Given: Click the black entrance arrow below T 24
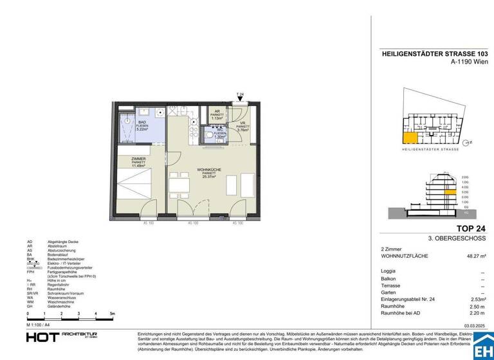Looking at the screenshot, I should pyautogui.click(x=240, y=100).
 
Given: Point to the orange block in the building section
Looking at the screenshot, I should pyautogui.click(x=452, y=192).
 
